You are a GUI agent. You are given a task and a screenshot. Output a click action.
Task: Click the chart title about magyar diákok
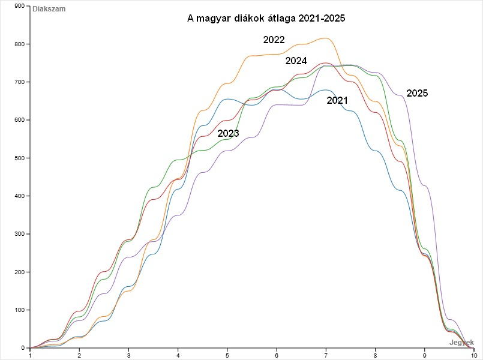(x=266, y=19)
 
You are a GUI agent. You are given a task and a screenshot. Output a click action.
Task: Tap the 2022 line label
(x=274, y=40)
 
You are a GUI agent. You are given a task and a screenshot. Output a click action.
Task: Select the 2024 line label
(x=296, y=61)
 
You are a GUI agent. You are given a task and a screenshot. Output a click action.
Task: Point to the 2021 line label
(x=337, y=101)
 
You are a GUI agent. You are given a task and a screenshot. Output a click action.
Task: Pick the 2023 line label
(x=228, y=133)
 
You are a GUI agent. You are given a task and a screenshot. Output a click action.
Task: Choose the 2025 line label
(x=417, y=94)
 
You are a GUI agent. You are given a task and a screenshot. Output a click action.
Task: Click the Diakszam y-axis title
(x=49, y=9)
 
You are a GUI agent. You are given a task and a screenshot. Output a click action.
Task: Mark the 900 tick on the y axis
(x=19, y=6)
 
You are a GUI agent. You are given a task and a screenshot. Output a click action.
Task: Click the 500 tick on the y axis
(x=19, y=158)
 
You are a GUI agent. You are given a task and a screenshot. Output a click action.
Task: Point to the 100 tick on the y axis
(x=19, y=310)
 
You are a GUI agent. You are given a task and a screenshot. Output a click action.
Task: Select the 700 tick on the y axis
(x=19, y=82)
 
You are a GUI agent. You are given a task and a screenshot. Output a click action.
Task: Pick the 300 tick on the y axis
(x=19, y=234)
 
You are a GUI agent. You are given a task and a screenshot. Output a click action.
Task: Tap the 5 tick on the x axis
(x=227, y=355)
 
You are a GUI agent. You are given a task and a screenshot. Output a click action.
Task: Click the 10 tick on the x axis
(x=474, y=355)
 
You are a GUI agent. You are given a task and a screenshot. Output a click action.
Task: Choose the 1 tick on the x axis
(x=30, y=355)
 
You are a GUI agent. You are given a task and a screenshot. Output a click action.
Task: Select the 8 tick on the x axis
(x=376, y=355)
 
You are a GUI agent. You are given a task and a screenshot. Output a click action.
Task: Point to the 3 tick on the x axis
(x=128, y=355)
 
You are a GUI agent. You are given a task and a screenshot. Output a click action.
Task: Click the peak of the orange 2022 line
(x=325, y=38)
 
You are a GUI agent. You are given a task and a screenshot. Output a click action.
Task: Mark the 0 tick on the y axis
(x=23, y=348)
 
